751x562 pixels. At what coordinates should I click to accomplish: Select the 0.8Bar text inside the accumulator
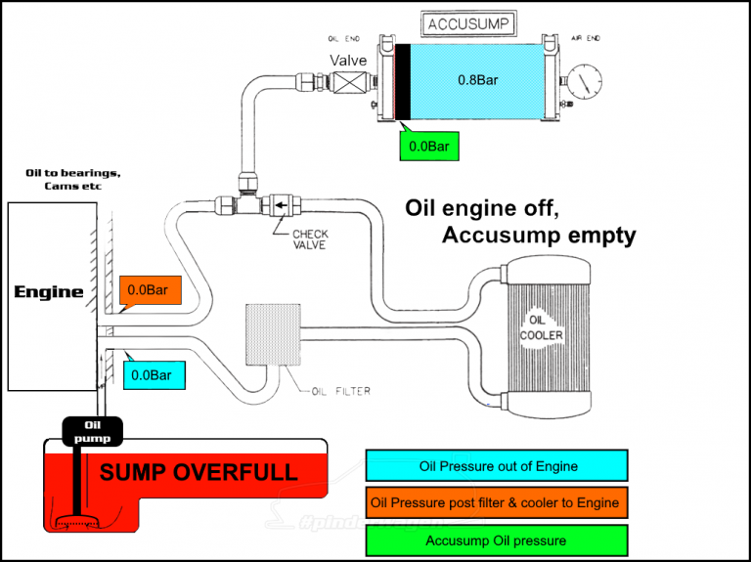[x=478, y=79]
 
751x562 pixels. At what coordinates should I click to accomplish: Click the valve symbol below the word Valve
[x=348, y=87]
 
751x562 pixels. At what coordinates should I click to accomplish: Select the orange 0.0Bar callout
[x=152, y=290]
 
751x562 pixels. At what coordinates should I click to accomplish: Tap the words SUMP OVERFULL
[x=199, y=473]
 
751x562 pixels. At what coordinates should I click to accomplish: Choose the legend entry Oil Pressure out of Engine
[x=496, y=466]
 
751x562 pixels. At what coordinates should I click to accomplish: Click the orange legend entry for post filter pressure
[x=496, y=503]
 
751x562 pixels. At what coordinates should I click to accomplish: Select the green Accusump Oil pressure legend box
[x=496, y=540]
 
